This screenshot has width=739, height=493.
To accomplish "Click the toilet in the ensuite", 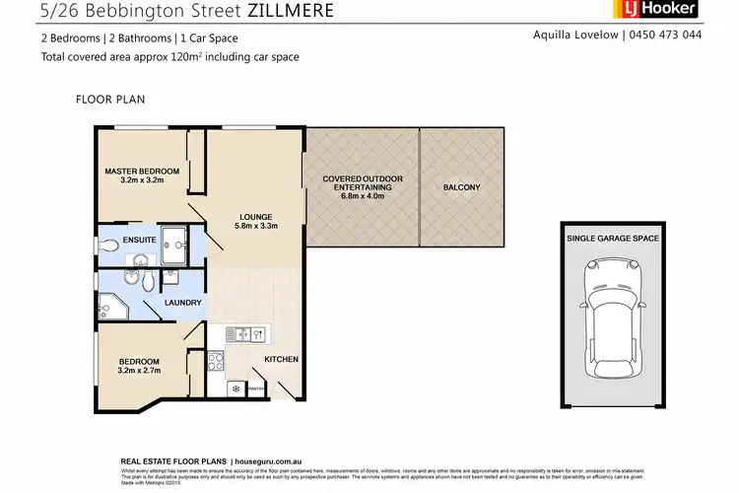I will coord(109,246).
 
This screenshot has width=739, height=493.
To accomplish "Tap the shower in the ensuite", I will coord(177,241).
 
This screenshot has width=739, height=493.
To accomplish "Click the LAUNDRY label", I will coord(183,303).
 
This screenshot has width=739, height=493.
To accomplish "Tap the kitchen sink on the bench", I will coord(243,334).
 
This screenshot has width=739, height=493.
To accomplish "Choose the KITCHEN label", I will coord(281,359).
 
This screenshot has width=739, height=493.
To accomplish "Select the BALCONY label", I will coord(461,187).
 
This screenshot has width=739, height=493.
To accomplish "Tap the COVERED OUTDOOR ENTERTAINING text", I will coord(363,183).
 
